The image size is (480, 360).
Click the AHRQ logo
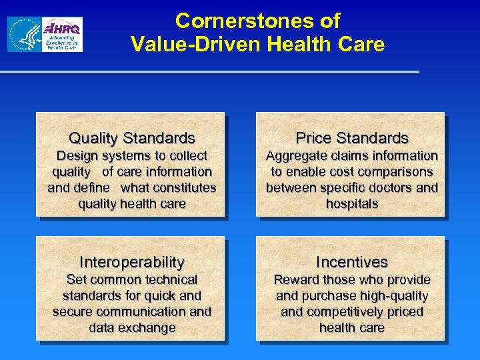[x=62, y=35]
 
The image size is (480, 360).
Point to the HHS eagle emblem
[x=24, y=35]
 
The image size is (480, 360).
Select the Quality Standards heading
[x=132, y=138]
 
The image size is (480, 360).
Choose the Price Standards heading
[x=352, y=138]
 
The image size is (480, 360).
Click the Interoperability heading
[x=132, y=262]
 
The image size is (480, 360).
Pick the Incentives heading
[x=352, y=262]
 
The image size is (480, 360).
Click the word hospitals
[x=352, y=204]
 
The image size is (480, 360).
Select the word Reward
[x=297, y=280]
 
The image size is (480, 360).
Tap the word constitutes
[x=185, y=188]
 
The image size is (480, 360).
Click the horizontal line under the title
[x=210, y=72]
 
